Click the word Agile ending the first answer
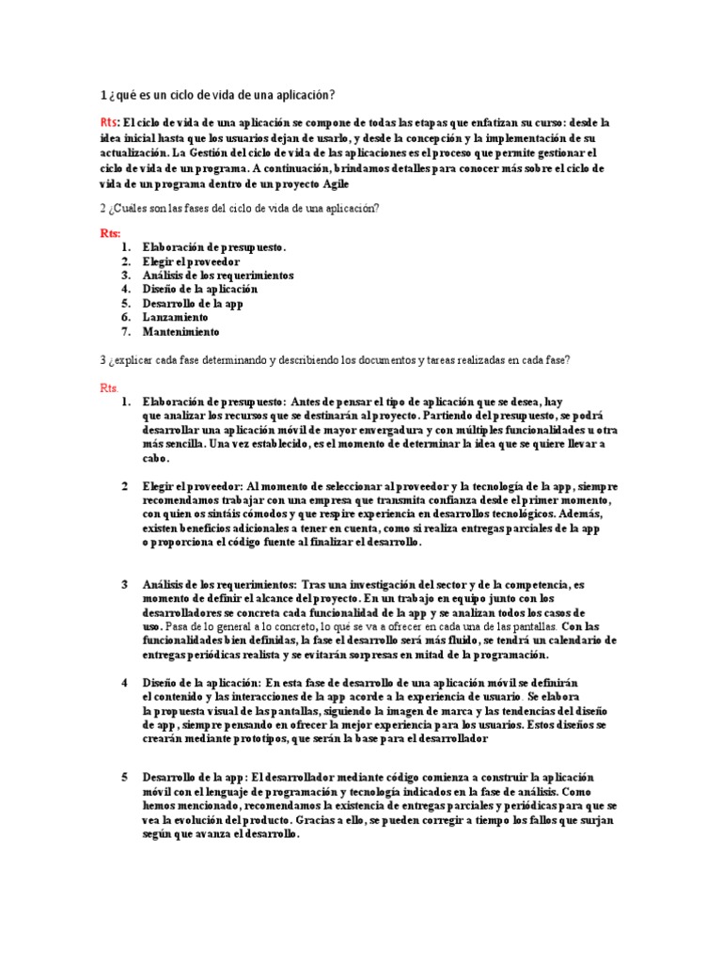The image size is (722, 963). [335, 183]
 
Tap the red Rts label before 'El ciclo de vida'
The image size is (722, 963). [109, 123]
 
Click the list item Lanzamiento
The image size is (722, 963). [176, 318]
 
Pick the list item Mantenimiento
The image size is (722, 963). [180, 332]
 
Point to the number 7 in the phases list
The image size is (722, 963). [124, 332]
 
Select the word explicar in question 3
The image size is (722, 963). [137, 360]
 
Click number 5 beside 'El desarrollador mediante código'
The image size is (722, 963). [124, 778]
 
